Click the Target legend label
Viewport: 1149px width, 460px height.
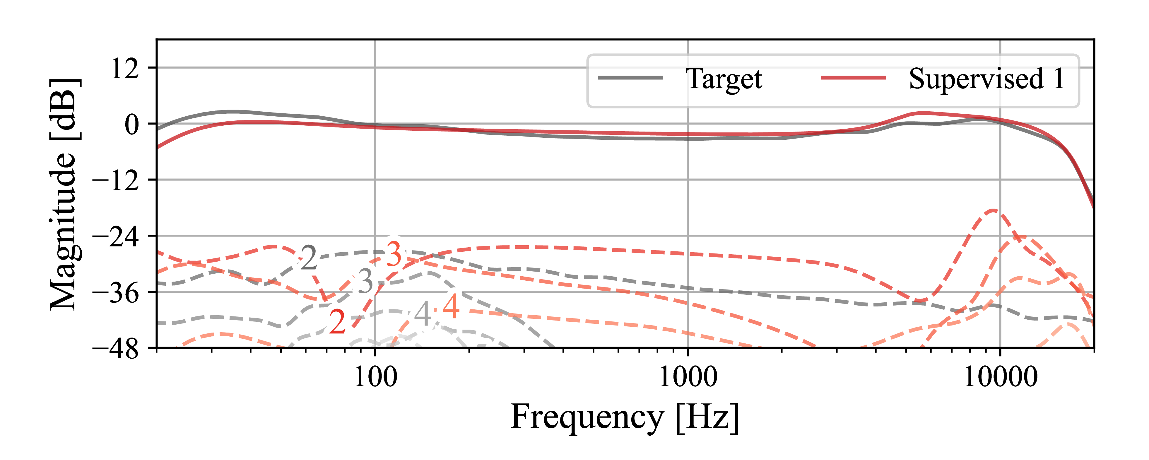(x=724, y=79)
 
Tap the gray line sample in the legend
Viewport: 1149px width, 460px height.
(x=630, y=78)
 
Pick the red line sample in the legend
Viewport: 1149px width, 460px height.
(x=853, y=78)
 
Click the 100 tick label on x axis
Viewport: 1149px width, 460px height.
(x=375, y=377)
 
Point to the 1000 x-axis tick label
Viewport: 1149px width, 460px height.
(x=687, y=377)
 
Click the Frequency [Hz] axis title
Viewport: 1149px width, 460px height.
(x=625, y=417)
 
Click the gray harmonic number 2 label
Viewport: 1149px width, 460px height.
(x=309, y=258)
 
